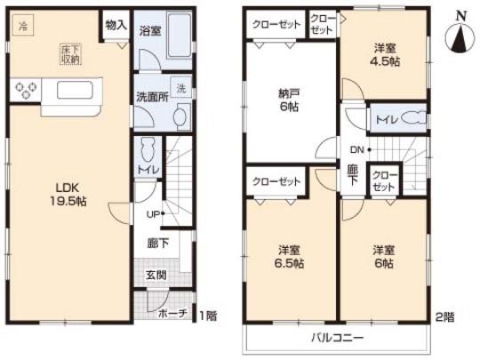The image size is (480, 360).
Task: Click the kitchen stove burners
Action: [x=25, y=89]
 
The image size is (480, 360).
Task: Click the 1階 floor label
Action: [x=208, y=315]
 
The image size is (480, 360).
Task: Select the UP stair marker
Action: [x=155, y=213]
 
